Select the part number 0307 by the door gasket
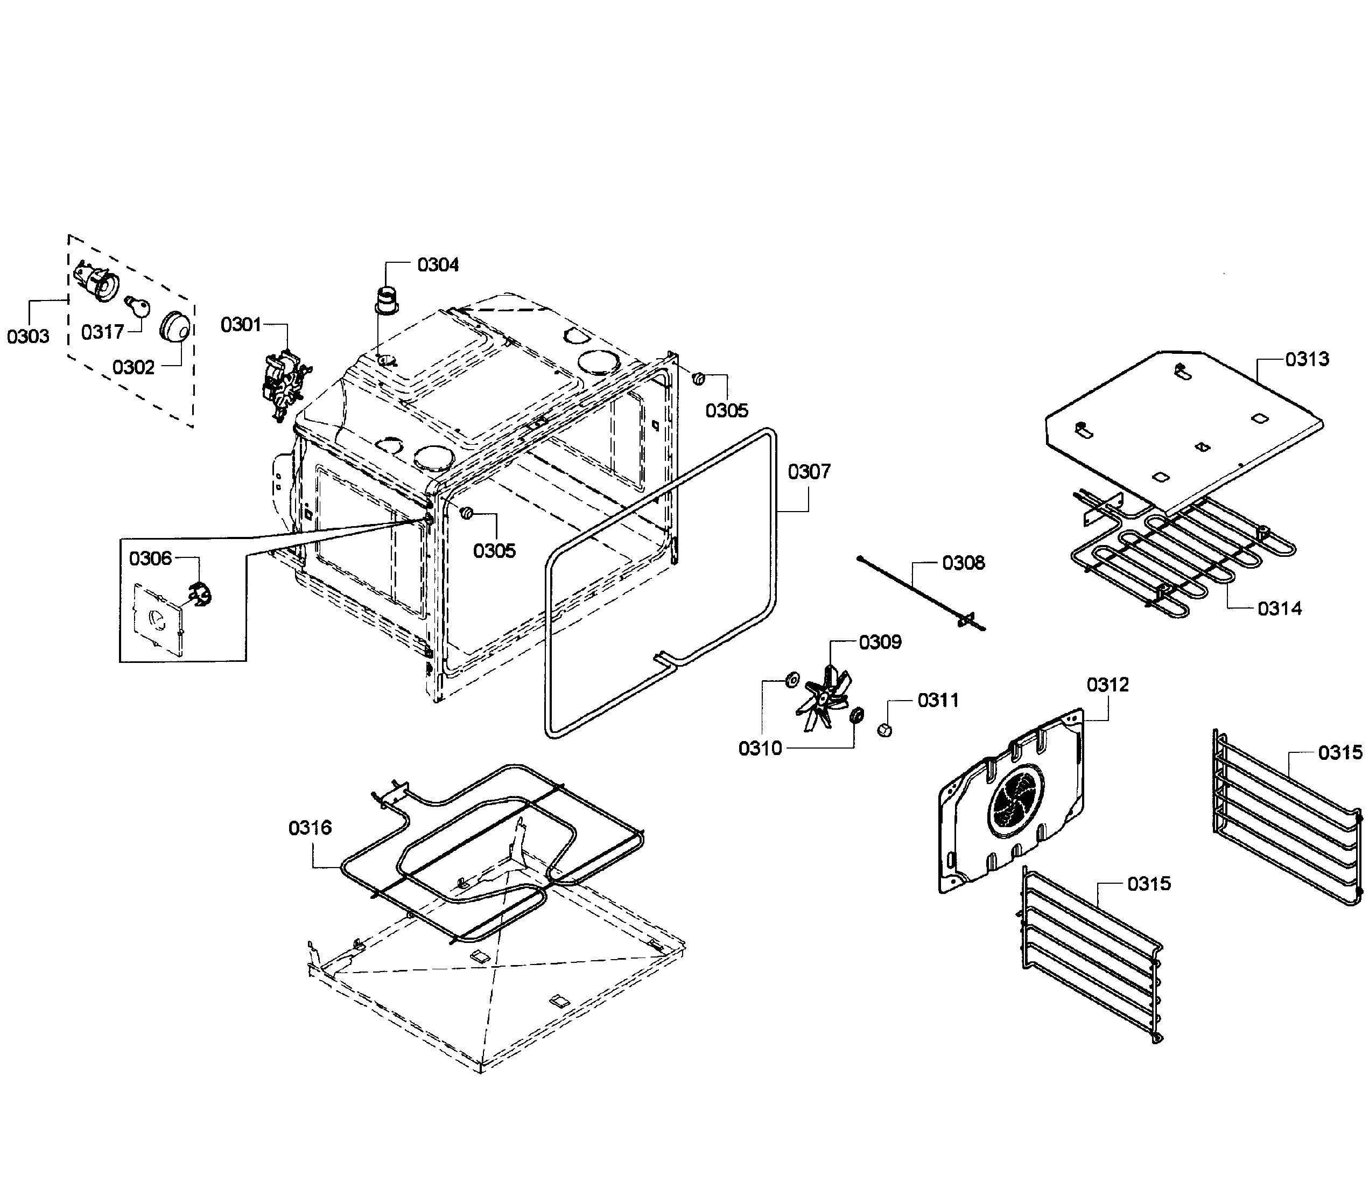[x=809, y=472]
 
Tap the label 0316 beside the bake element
[x=310, y=828]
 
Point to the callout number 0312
[x=1108, y=685]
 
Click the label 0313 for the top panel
[x=1307, y=359]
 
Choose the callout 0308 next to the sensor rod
[x=963, y=563]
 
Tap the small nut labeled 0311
[x=884, y=730]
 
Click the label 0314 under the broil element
[x=1279, y=609]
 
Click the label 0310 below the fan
[x=760, y=749]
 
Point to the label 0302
[x=134, y=367]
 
